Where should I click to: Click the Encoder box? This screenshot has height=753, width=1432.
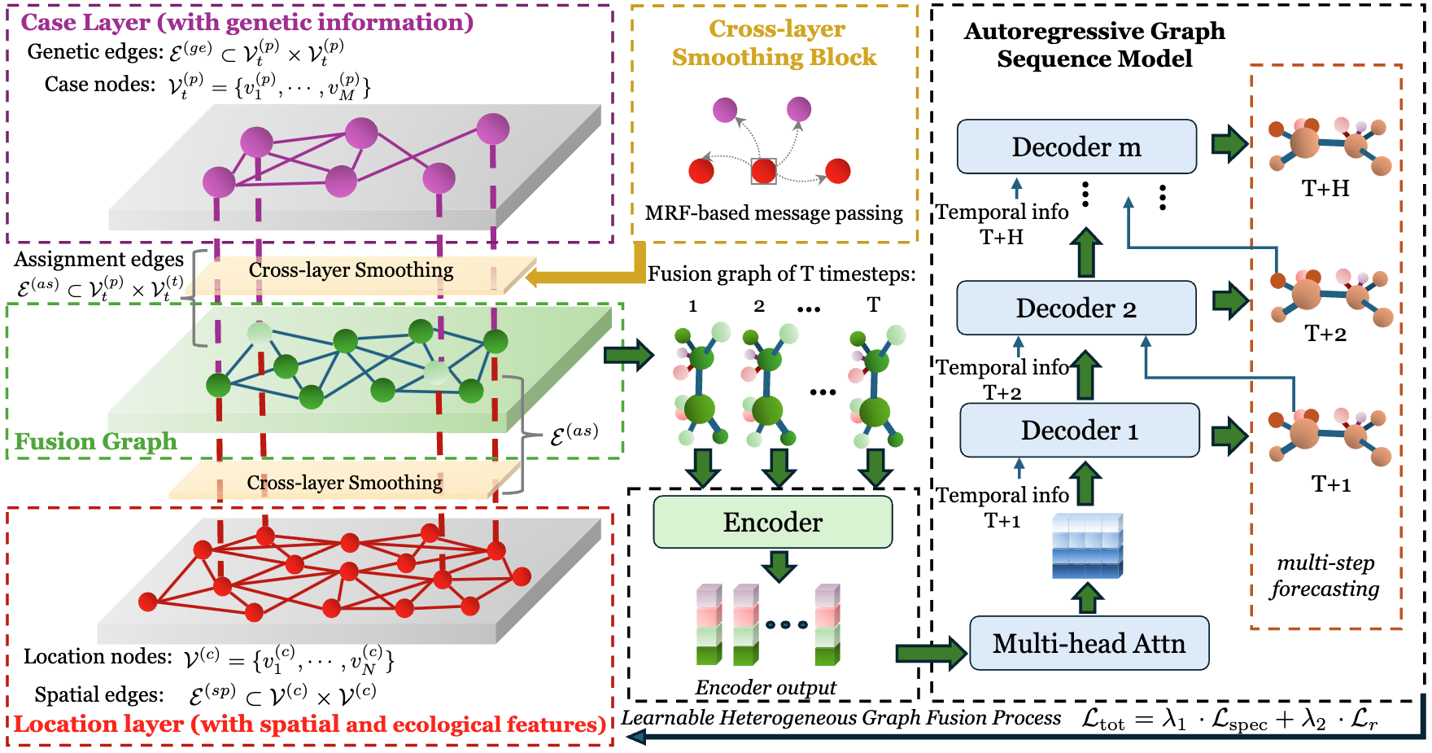click(773, 522)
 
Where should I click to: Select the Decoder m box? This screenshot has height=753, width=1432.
click(1076, 147)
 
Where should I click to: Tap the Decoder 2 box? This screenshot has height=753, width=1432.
click(1076, 308)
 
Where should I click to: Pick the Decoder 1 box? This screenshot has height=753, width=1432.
click(1080, 430)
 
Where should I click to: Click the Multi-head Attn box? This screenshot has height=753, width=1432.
click(1089, 643)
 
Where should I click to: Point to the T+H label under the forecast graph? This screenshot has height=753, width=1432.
click(1325, 189)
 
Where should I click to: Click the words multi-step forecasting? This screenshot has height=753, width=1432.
click(1325, 576)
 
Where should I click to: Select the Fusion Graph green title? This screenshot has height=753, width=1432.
click(96, 441)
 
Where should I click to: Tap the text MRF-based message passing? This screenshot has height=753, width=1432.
click(774, 213)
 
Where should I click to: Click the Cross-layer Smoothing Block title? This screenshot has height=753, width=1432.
click(775, 43)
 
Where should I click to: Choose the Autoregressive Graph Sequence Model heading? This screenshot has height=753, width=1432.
click(1094, 45)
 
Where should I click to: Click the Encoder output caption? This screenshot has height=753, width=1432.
click(766, 688)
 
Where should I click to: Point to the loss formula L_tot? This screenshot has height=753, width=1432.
click(1229, 719)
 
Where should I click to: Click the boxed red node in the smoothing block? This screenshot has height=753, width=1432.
click(763, 171)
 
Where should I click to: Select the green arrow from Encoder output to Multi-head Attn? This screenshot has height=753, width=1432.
click(931, 652)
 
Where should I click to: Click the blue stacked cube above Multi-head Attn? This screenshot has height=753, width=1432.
click(1088, 545)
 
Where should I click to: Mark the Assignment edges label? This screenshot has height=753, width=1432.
click(98, 260)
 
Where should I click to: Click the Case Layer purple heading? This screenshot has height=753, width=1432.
click(247, 22)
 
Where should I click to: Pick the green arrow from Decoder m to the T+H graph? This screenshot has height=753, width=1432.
click(1229, 143)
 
